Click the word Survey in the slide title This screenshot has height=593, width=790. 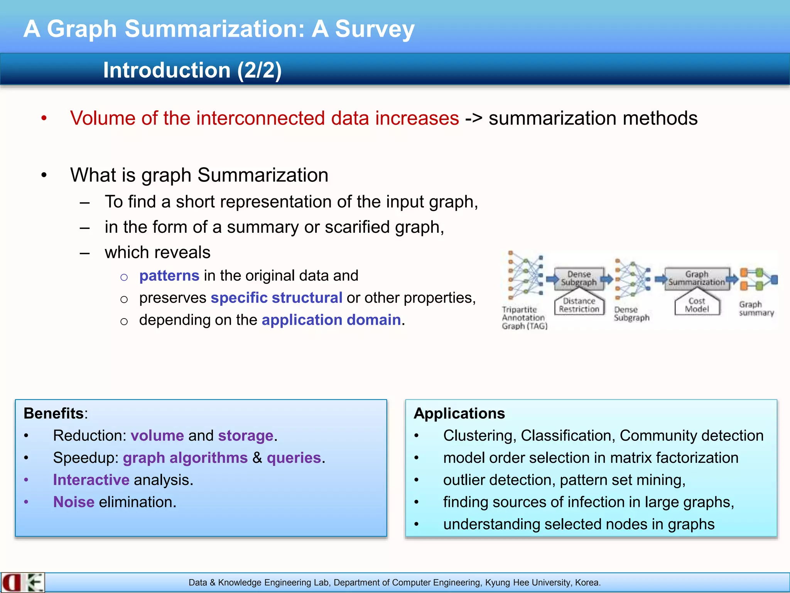(x=374, y=29)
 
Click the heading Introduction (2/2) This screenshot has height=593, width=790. (x=192, y=70)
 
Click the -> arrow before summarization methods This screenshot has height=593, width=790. (x=473, y=118)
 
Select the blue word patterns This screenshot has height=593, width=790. (x=169, y=276)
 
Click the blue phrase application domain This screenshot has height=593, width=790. (x=331, y=320)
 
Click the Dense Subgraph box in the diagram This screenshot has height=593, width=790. (x=579, y=278)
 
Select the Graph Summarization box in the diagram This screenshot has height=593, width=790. (x=696, y=278)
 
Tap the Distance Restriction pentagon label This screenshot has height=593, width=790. (x=579, y=305)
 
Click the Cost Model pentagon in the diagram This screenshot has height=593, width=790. (x=697, y=305)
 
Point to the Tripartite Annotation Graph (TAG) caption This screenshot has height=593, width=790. (x=524, y=318)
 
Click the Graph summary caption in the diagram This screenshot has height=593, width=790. (x=756, y=308)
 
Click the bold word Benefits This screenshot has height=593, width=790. (x=54, y=413)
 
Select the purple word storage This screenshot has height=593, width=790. (x=245, y=435)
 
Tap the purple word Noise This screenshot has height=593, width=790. (x=74, y=502)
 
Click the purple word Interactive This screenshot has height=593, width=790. (x=91, y=480)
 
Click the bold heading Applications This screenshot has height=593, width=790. (x=459, y=413)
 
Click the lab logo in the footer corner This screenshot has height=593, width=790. (x=22, y=583)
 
